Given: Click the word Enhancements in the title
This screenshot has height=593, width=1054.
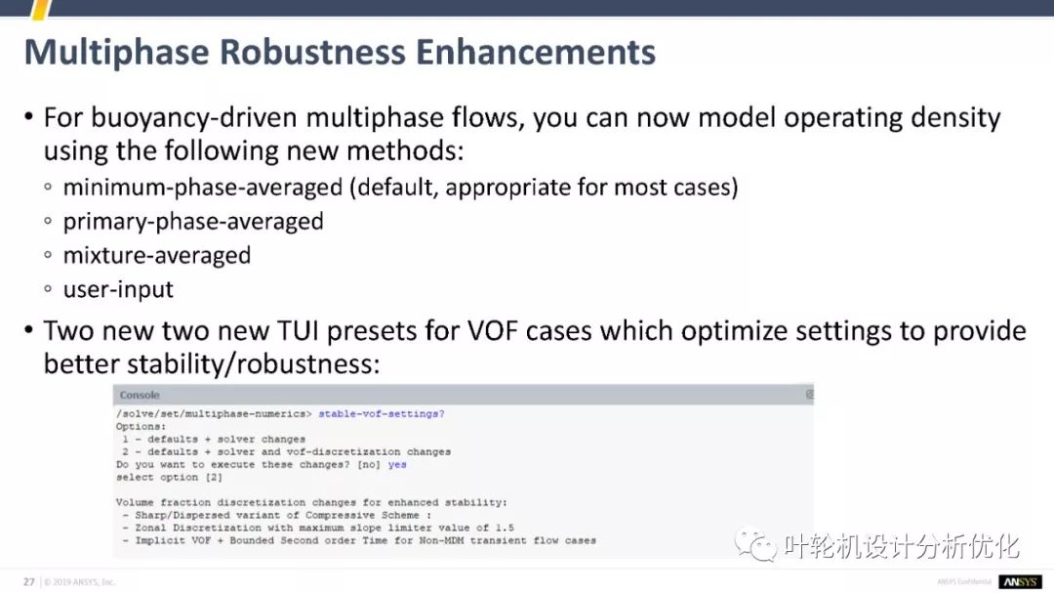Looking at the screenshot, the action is [535, 52].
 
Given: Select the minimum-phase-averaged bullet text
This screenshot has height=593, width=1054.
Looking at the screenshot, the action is [202, 188].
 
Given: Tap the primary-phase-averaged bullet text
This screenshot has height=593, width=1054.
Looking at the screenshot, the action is [193, 222].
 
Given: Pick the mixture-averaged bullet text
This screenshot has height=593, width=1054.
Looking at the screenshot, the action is [156, 256].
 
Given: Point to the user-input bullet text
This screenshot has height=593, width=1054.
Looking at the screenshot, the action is [118, 289].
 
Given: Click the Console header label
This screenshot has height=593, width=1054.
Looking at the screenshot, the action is [140, 395].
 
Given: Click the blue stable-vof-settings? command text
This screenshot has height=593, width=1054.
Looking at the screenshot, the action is [382, 414].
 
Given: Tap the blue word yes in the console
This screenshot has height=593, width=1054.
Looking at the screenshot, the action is [397, 464].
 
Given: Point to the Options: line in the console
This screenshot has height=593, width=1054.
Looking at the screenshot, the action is [141, 427].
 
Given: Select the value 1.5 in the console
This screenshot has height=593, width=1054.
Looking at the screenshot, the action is [505, 528].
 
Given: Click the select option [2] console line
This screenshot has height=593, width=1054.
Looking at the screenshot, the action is [169, 477].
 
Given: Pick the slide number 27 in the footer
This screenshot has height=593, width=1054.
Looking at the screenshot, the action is [29, 581].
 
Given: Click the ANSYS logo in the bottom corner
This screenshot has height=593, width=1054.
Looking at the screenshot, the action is [1020, 581].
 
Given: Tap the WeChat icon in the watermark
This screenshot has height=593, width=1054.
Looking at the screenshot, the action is [755, 544].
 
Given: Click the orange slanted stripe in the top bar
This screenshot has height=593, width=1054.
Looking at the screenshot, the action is [42, 10].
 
